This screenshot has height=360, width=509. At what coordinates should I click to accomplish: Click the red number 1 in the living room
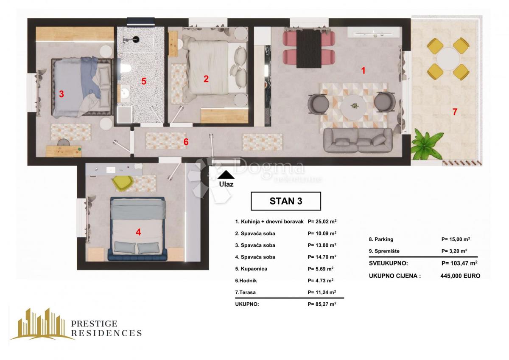(x=363, y=70)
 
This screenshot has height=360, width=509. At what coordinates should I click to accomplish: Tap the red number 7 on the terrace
(x=455, y=112)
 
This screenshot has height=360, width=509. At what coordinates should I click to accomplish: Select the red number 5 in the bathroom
(x=144, y=82)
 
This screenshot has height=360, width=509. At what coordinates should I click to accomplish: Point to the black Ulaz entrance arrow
(x=227, y=174)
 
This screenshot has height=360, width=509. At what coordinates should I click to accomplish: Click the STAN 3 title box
(x=285, y=201)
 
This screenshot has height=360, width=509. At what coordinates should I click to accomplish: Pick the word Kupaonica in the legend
(x=251, y=269)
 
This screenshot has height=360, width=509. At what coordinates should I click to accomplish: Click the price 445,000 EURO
(x=460, y=276)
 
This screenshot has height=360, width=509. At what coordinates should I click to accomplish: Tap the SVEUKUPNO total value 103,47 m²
(x=460, y=263)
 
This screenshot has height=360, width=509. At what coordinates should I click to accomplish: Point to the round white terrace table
(x=448, y=58)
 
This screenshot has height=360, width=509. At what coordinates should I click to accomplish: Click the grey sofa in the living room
(x=358, y=140)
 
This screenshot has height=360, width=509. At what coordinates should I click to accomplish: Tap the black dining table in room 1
(x=308, y=49)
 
